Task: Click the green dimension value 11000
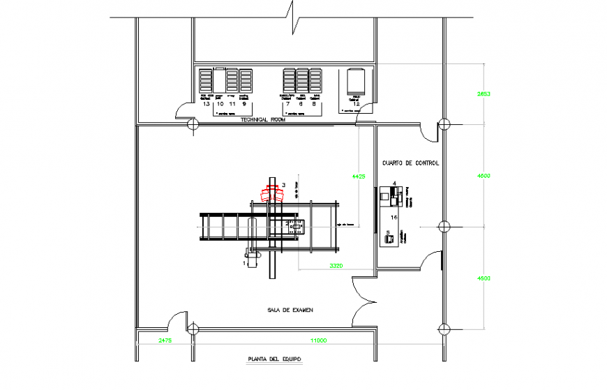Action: (x=319, y=340)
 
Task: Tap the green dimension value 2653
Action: (x=484, y=93)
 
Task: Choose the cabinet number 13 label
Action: (x=206, y=104)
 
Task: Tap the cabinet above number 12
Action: (x=356, y=82)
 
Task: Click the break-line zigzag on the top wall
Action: (x=290, y=12)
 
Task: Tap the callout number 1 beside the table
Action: (x=245, y=264)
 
